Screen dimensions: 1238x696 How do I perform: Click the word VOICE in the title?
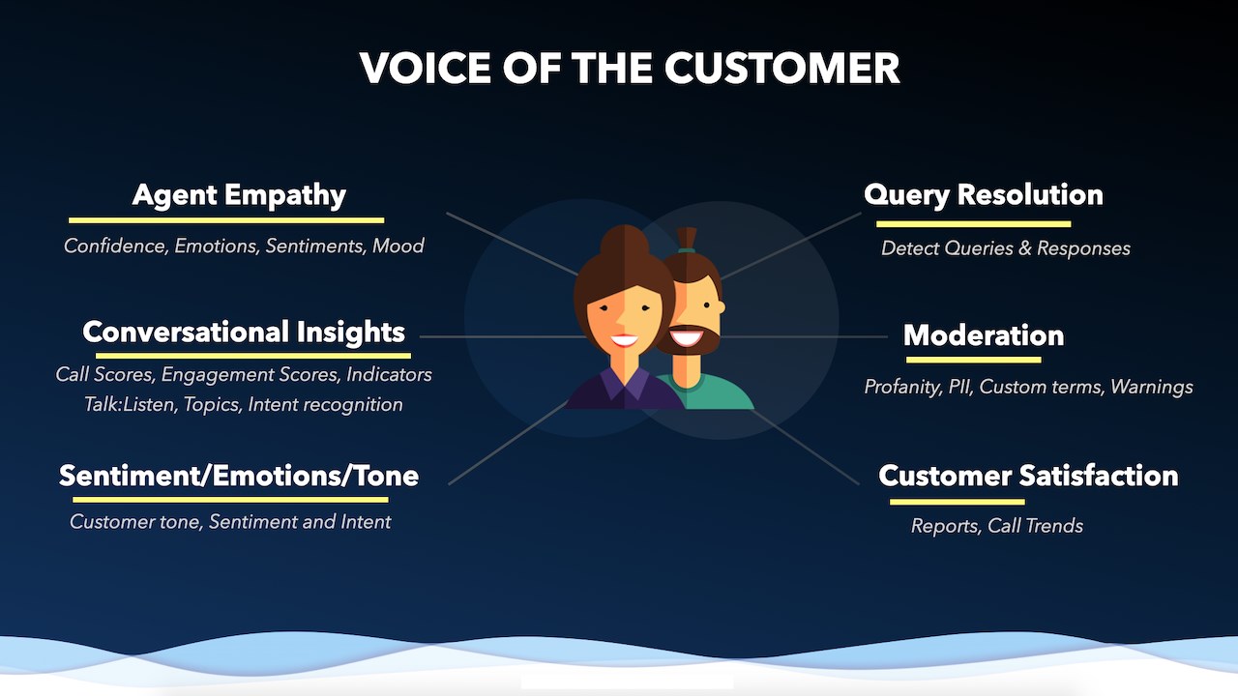(x=425, y=68)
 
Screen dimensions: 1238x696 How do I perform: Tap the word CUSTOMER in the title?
(x=781, y=68)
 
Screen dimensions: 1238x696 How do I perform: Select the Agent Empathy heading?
(x=239, y=195)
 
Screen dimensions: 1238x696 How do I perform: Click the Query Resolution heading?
(x=984, y=195)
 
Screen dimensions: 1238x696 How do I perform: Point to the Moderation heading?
(x=984, y=335)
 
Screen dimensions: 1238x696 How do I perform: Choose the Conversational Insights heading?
(x=244, y=332)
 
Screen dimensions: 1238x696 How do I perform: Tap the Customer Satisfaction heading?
(x=1028, y=476)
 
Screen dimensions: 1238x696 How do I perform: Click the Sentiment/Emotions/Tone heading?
(x=239, y=476)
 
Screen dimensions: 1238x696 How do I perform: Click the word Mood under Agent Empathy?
(x=398, y=246)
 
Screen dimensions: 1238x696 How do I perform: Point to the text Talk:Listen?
(x=131, y=404)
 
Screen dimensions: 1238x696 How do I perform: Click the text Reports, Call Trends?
(x=997, y=526)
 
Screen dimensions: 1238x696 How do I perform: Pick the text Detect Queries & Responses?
(x=1005, y=248)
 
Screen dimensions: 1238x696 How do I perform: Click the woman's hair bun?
(x=625, y=240)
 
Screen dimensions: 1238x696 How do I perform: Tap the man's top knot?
(x=687, y=239)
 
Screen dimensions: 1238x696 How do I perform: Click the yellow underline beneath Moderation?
(x=973, y=361)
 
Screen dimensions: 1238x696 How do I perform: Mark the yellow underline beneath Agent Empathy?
(x=226, y=220)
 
